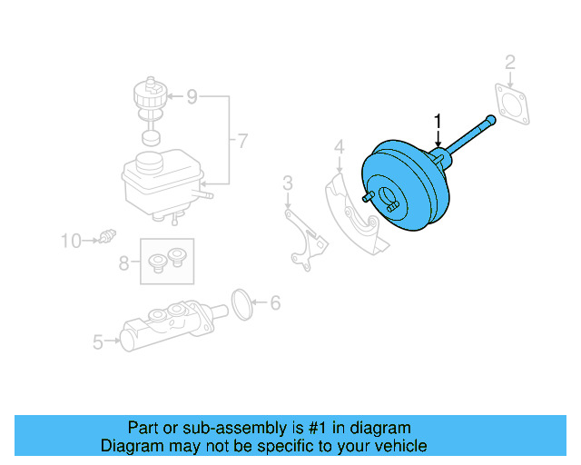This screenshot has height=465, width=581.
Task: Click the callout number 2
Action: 510,62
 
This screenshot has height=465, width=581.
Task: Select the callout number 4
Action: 338,146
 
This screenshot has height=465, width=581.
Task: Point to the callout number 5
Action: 98,341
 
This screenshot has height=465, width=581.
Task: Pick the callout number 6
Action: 276,303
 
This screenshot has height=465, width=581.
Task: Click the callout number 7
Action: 241,141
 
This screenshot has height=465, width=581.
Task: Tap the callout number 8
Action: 123,263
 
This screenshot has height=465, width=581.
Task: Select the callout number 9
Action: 192,95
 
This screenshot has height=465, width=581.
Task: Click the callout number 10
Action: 71,241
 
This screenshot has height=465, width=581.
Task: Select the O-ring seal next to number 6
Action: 241,304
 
